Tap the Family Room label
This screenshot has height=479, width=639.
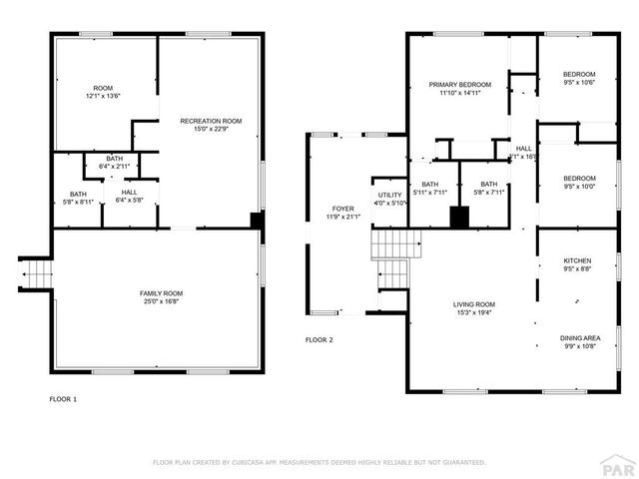(161, 296)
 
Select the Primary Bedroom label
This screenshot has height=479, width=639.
(460, 88)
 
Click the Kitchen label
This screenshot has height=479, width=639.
(578, 264)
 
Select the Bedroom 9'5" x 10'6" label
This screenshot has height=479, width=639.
(579, 78)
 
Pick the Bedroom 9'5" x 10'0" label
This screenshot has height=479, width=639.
(579, 182)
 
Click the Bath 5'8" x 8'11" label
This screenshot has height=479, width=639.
(78, 198)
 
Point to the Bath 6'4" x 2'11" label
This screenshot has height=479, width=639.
(115, 163)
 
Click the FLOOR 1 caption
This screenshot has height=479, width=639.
(63, 398)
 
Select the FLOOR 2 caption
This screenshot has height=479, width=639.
(319, 340)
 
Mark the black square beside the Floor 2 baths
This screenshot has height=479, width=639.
(459, 217)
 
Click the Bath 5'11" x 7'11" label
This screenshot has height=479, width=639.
(430, 189)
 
